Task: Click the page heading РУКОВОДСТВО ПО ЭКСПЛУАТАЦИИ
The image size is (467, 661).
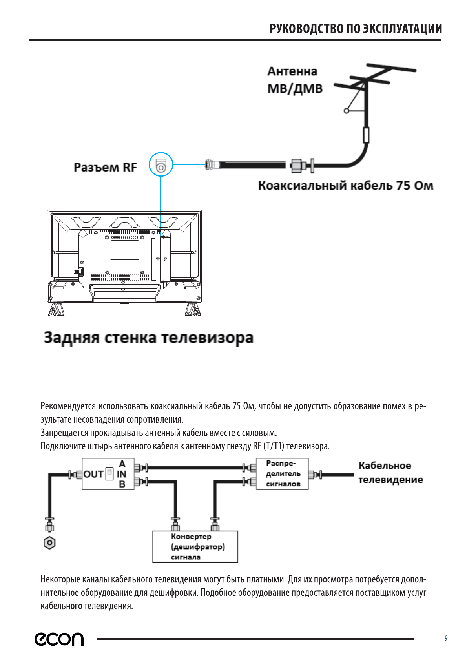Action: point(356,29)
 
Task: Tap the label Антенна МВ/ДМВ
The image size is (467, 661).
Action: point(294,80)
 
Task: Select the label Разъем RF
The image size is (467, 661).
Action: point(105,168)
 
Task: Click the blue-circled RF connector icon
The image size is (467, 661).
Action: point(161,164)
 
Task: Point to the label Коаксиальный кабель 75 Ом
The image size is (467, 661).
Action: point(345,186)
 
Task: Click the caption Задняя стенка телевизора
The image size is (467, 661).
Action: point(148,338)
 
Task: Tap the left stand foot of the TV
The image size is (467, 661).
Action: point(56,309)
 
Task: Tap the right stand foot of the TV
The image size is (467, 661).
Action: point(193,309)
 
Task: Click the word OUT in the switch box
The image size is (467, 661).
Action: point(93,474)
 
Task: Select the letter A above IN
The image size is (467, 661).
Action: point(122,464)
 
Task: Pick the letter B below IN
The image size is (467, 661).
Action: point(122,484)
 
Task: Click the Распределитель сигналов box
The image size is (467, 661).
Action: point(282,474)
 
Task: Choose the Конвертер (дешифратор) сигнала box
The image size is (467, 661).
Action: point(195,547)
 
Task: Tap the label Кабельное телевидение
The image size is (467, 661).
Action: point(390,473)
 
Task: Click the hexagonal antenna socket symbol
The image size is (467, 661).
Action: point(49,543)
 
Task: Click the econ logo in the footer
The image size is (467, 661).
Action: point(59,639)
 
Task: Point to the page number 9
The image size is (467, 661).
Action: point(446,638)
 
